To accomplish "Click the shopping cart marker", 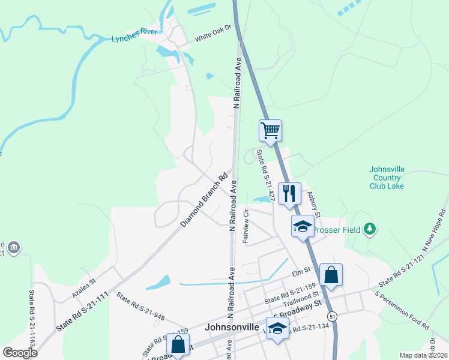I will click(x=271, y=130).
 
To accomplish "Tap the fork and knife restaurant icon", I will click(x=289, y=193).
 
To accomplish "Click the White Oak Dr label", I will click(x=212, y=38).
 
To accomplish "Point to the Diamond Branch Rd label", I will click(x=205, y=200).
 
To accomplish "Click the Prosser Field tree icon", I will click(x=371, y=229).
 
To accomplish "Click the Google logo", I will click(x=20, y=353).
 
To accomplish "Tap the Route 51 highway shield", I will click(x=331, y=316).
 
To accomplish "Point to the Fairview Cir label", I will click(x=246, y=226).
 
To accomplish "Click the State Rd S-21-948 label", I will click(x=140, y=306).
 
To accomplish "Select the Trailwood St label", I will click(x=303, y=298).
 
